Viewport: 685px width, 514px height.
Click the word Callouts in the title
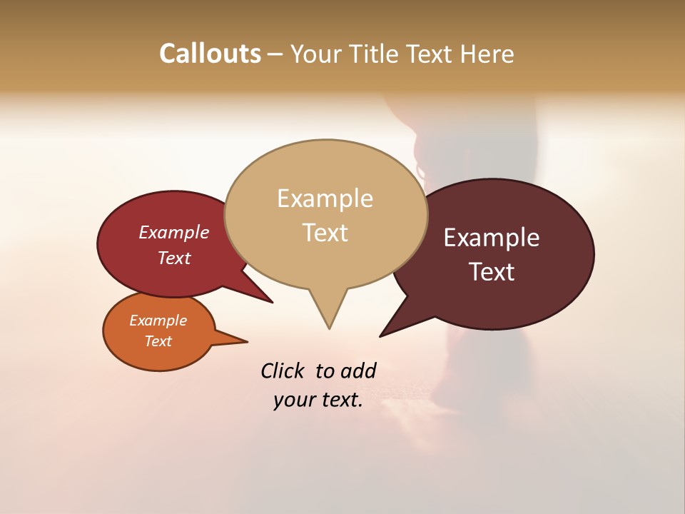(210, 54)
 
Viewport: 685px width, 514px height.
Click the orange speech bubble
(158, 331)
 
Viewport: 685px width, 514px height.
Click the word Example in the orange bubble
(158, 321)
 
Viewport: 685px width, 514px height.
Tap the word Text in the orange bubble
(158, 341)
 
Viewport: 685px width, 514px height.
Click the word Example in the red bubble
(173, 232)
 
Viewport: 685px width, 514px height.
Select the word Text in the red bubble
(173, 258)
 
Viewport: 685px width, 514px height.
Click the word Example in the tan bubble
(325, 198)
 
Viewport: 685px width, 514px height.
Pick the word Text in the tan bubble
(325, 233)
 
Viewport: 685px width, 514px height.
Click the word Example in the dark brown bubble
(492, 238)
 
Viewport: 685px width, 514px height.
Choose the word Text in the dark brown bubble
(492, 272)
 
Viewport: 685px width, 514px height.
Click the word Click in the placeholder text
(283, 371)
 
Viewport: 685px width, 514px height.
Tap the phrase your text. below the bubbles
(318, 400)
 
